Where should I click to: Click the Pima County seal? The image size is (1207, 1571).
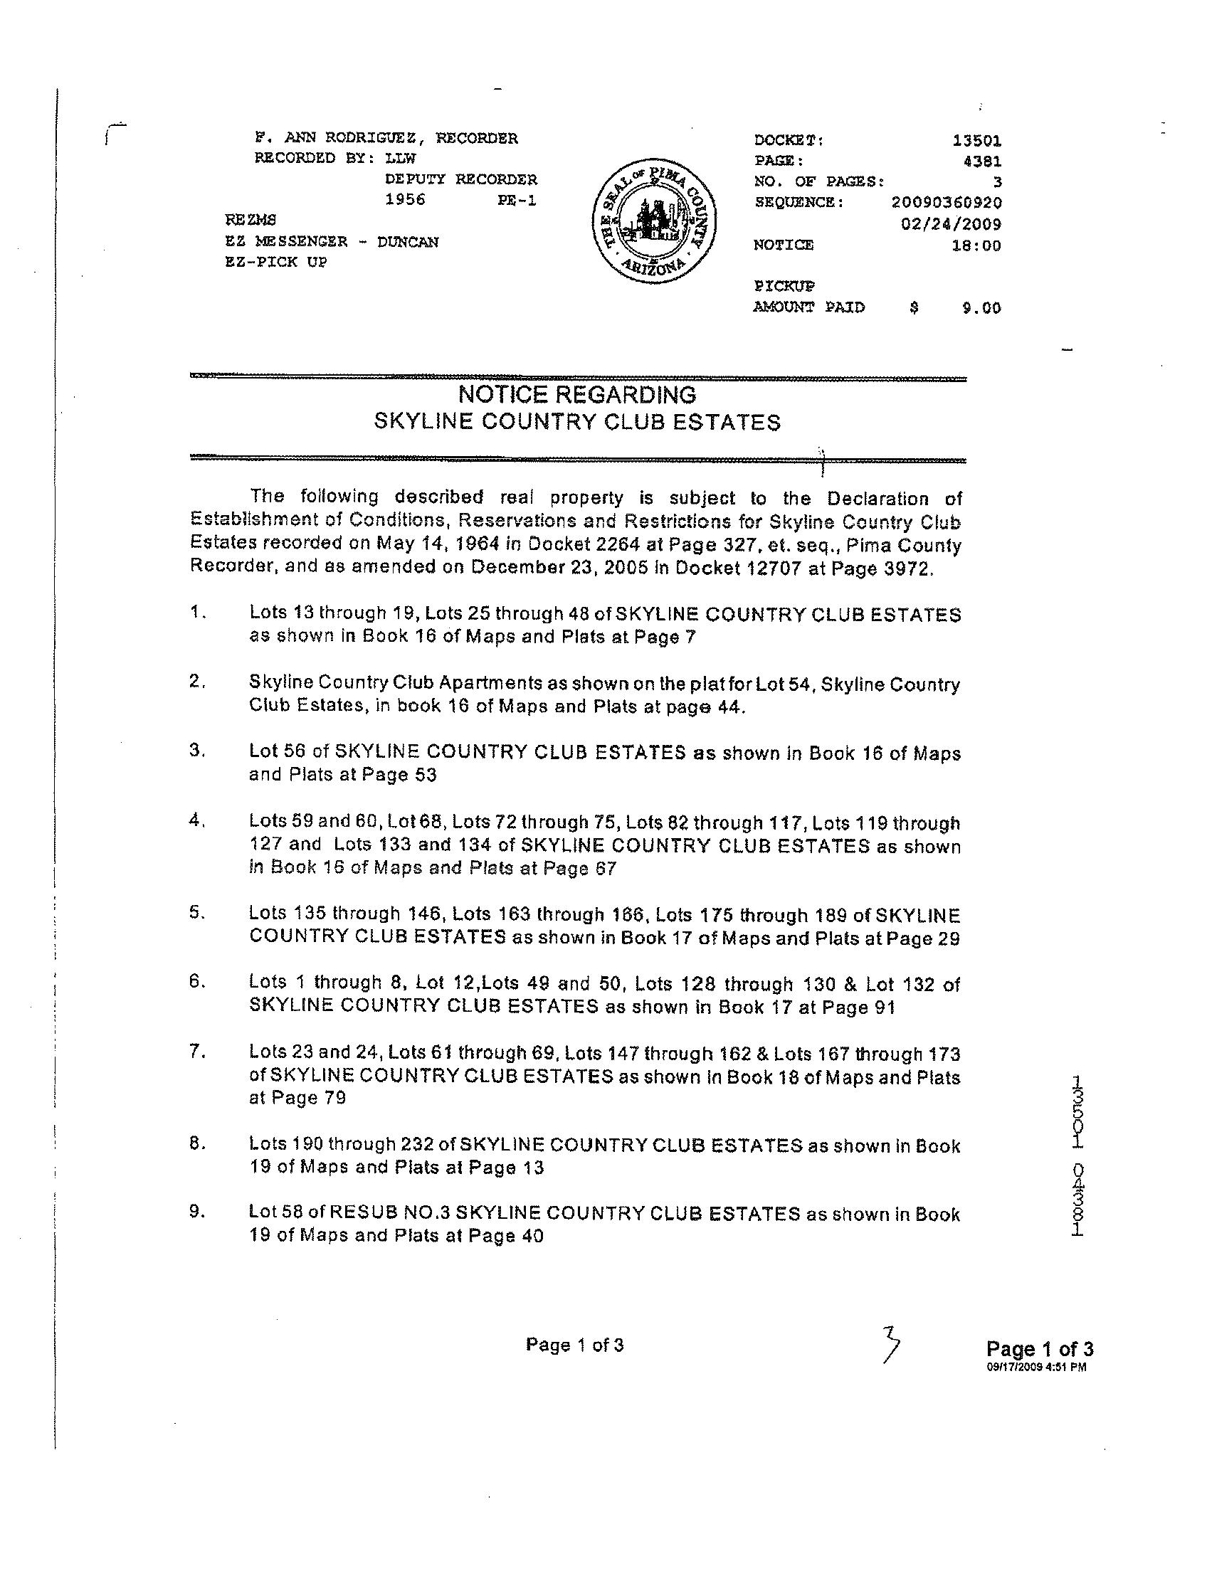pos(654,223)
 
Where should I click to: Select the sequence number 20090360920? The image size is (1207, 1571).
pos(947,203)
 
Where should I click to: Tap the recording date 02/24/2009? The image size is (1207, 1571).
pos(952,224)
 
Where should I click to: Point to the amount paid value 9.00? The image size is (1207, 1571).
pos(981,308)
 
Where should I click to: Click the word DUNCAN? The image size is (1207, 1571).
pos(407,242)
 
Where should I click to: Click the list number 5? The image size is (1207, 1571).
pos(195,913)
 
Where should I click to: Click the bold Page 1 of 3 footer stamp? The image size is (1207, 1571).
pos(1040,1349)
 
